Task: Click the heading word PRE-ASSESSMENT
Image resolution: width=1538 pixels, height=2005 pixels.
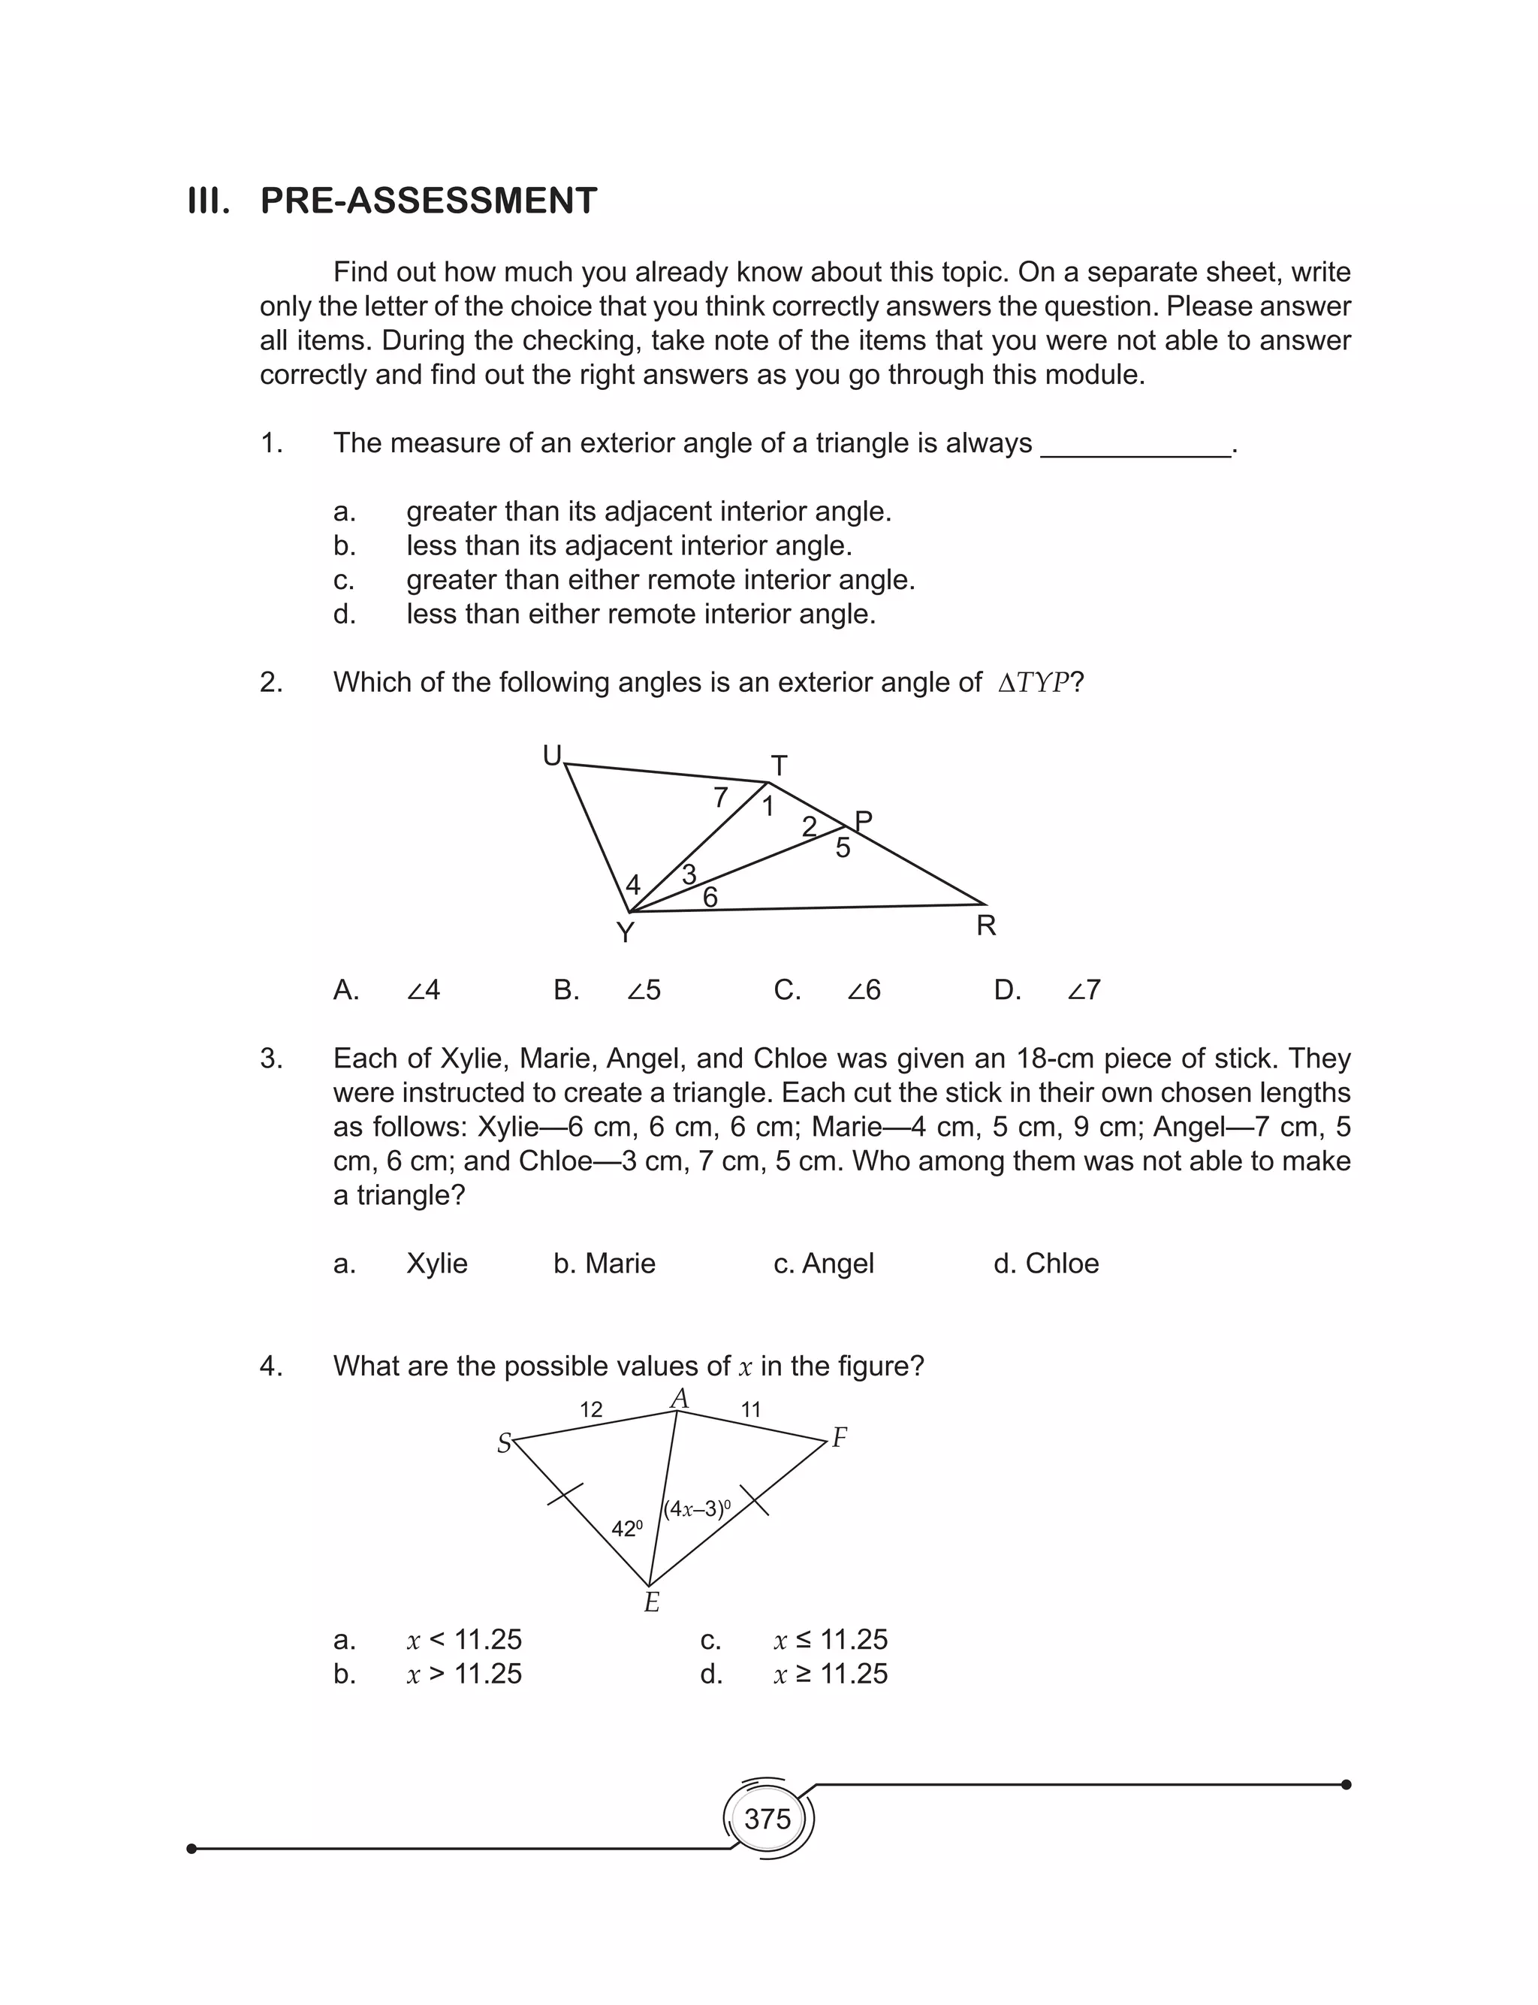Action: point(429,201)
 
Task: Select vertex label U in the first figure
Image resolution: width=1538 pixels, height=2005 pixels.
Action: point(552,755)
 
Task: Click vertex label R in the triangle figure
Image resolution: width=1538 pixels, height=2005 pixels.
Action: point(986,926)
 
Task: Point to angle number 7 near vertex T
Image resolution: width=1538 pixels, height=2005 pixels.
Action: point(720,798)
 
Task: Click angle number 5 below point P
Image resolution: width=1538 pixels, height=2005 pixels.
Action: point(843,848)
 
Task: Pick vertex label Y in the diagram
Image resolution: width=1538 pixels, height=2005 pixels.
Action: point(626,933)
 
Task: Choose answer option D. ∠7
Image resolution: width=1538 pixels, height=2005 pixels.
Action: point(1048,989)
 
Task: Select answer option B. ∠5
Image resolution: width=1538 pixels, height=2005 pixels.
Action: point(607,989)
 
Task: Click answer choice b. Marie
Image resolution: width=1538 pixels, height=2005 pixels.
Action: point(605,1264)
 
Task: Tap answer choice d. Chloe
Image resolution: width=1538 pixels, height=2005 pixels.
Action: point(1045,1264)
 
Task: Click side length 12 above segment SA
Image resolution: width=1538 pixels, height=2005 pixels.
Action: point(592,1409)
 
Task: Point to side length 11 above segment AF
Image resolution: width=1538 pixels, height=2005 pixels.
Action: point(751,1409)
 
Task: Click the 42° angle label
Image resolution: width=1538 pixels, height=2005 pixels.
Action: point(627,1528)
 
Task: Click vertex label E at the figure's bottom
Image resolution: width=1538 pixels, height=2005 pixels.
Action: point(652,1602)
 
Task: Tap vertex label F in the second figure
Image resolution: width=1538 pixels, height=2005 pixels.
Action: point(840,1439)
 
